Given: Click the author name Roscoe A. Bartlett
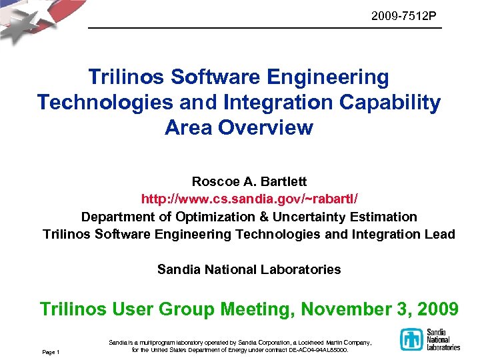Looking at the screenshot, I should coord(249,181).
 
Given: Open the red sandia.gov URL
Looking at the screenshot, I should coord(249,199).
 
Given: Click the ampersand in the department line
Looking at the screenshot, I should coord(263,217).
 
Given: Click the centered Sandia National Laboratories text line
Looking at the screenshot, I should coord(249,269).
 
